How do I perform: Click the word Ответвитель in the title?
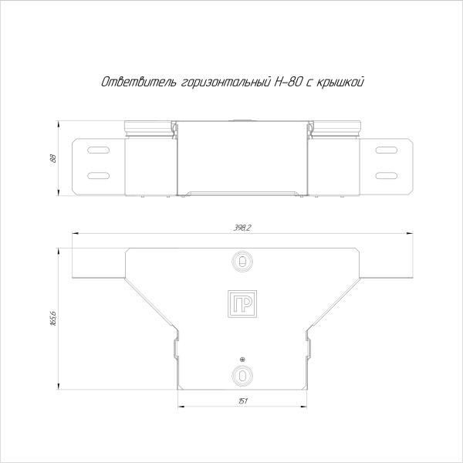coord(137,81)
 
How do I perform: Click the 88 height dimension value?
coord(53,158)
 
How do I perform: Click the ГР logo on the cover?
coord(243,304)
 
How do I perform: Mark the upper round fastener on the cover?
coord(243,262)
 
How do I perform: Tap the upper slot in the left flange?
coord(97,150)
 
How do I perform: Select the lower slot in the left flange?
coord(97,174)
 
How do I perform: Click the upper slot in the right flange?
coord(388,150)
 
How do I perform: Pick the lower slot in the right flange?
coord(388,174)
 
